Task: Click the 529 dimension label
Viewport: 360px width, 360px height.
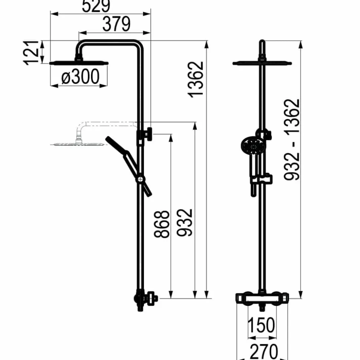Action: coord(96,6)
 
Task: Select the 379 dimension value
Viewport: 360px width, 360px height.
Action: coord(116,24)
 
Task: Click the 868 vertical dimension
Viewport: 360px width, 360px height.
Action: coord(161,224)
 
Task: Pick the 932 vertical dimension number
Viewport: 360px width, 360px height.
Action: coord(184,222)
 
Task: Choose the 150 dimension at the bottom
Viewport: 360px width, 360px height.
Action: coord(261,325)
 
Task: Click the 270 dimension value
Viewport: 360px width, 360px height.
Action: coord(264,351)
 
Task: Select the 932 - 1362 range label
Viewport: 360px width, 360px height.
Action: coord(292,140)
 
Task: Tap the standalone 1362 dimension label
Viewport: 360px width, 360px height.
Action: coord(196,79)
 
